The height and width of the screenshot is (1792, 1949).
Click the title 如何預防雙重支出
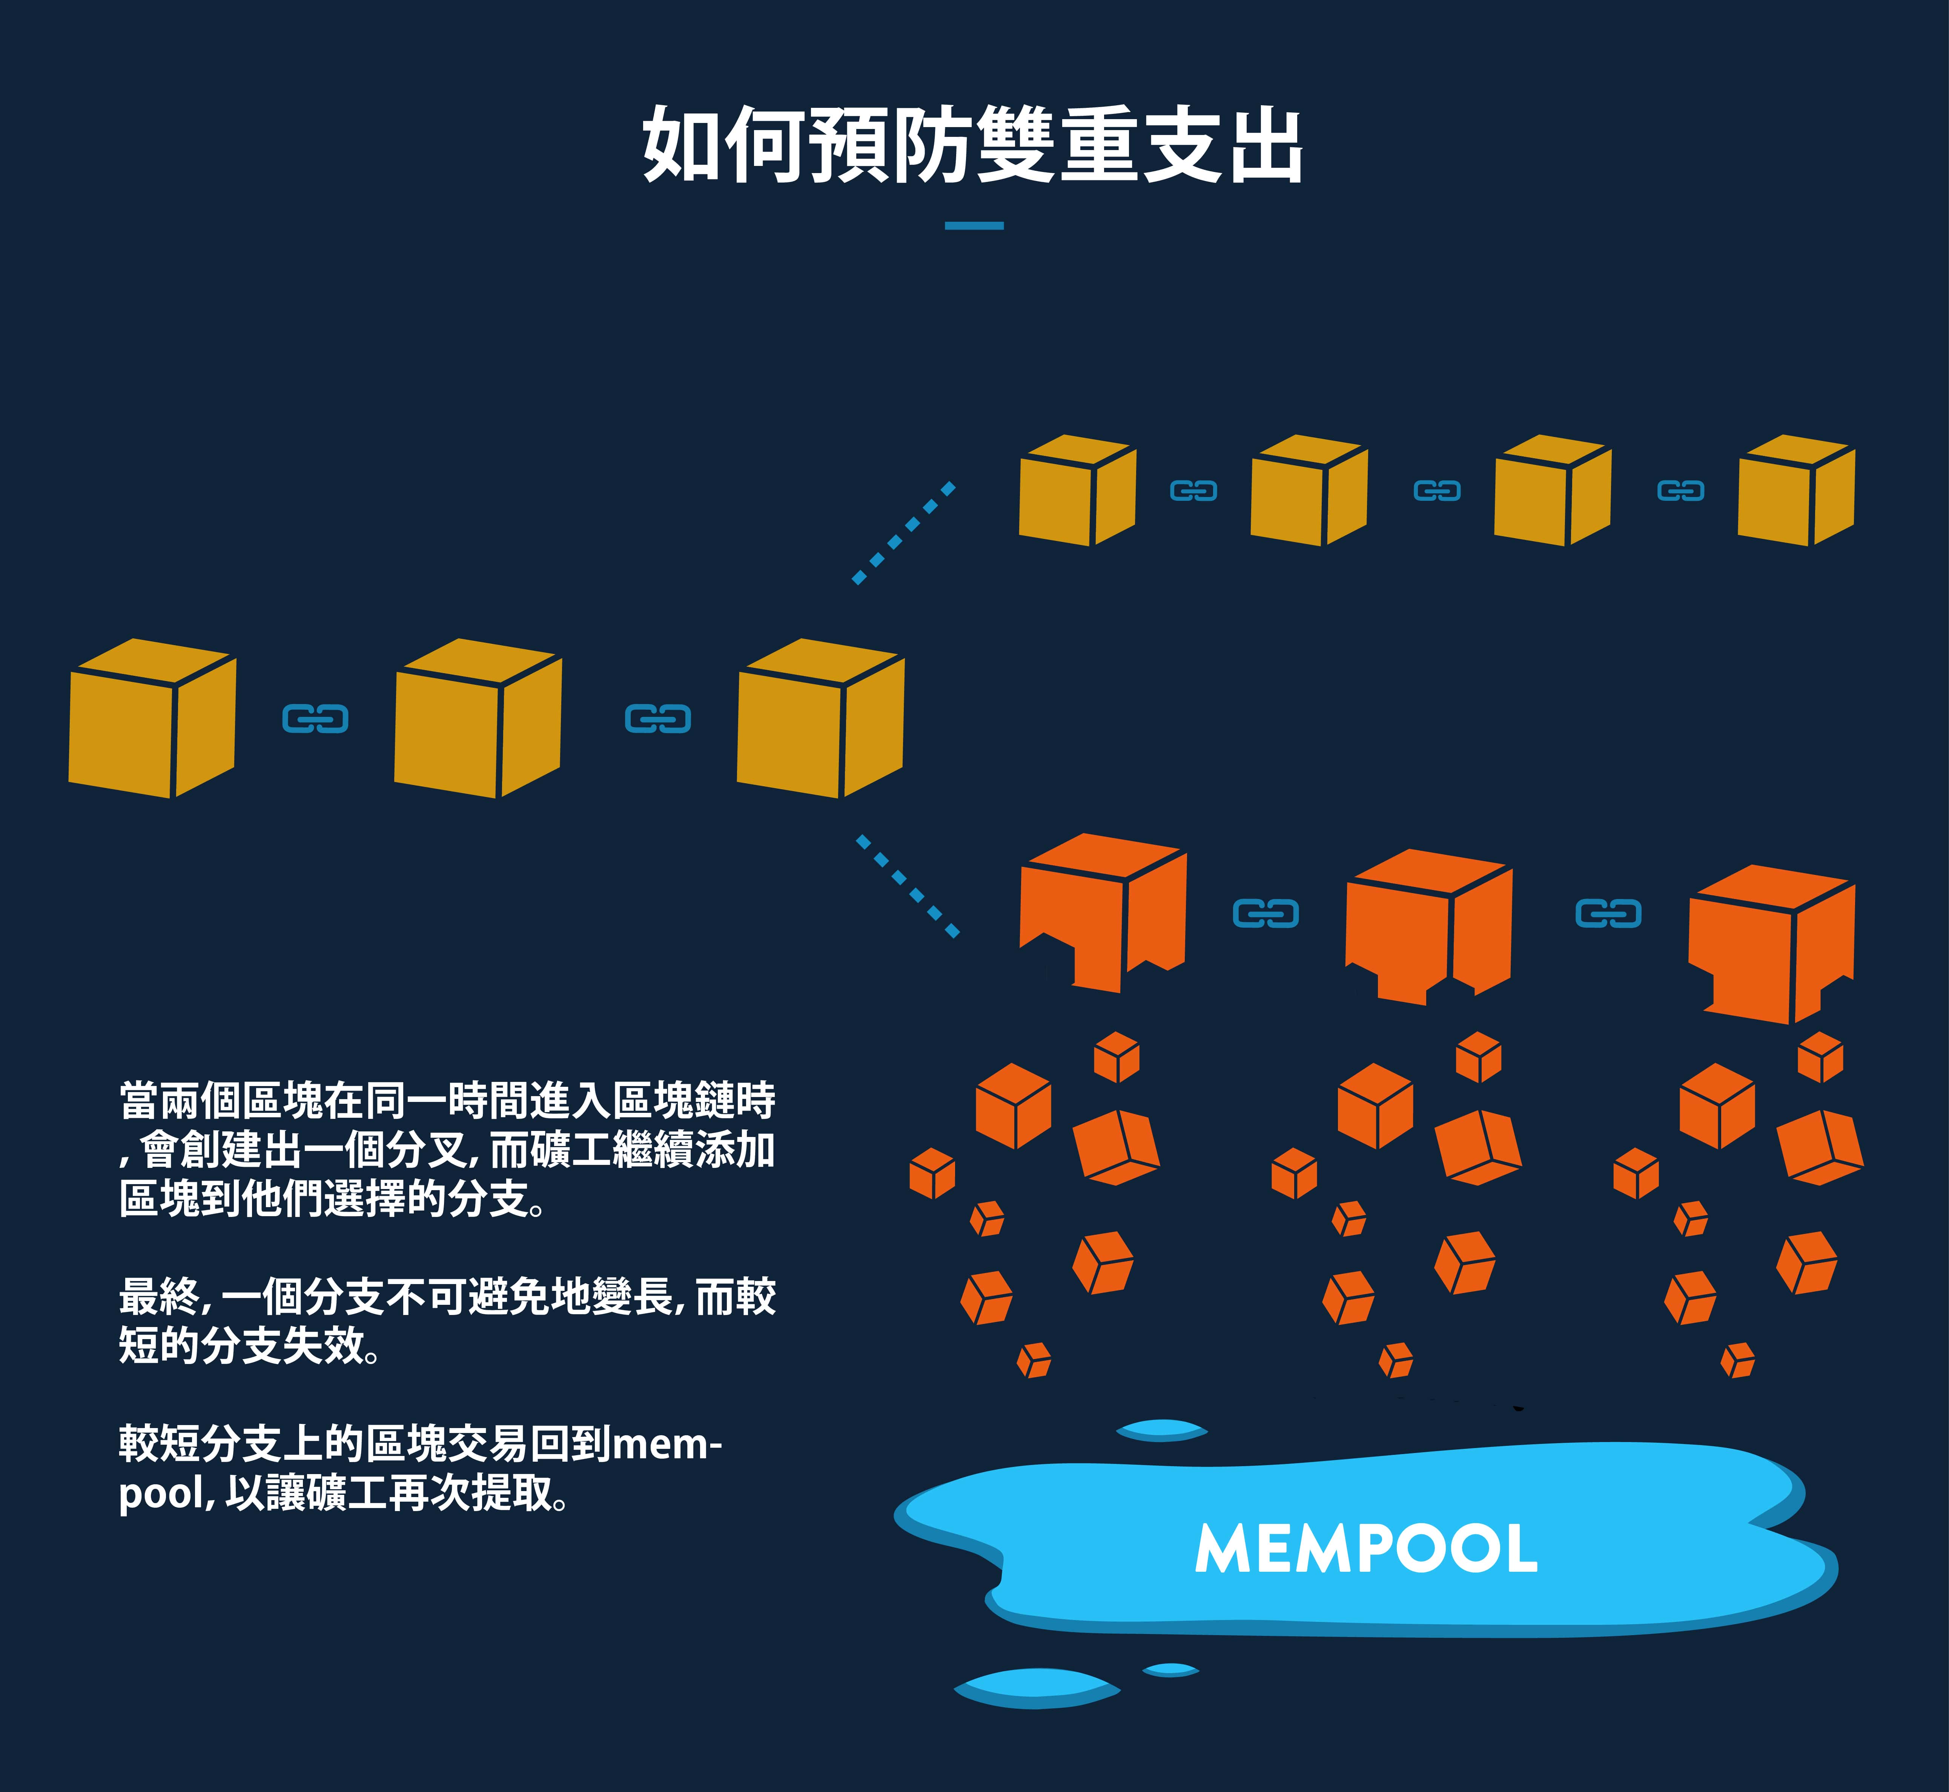pos(973,146)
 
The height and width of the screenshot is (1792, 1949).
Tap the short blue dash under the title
pos(974,226)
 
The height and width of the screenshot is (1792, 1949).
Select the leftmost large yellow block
pos(152,718)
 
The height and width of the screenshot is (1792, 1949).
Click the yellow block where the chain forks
pos(821,718)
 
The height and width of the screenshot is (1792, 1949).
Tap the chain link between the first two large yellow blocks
pos(315,718)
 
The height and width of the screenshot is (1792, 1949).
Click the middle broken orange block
pos(1428,926)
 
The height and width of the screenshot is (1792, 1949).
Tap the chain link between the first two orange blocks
pos(1265,913)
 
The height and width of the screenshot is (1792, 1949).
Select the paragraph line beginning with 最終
pos(447,1296)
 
